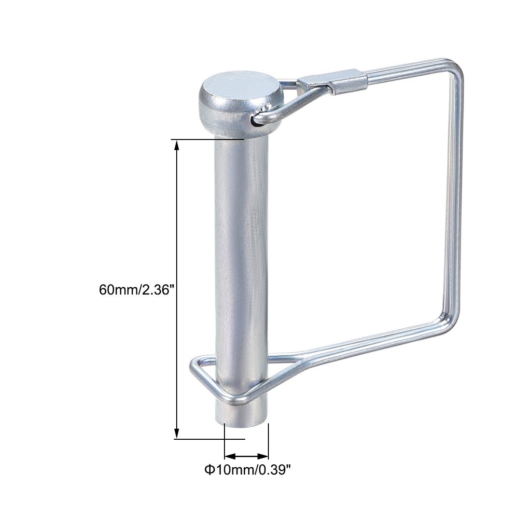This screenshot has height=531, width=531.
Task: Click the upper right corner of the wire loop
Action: click(x=457, y=73)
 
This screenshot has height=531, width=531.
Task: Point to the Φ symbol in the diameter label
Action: click(x=209, y=469)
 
